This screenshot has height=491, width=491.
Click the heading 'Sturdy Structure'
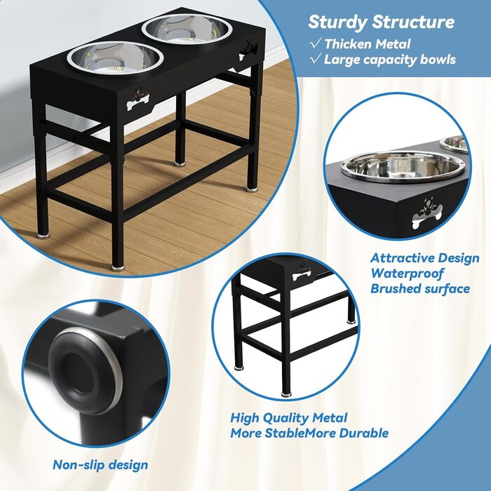(381, 22)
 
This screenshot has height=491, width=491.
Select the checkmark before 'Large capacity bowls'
(316, 58)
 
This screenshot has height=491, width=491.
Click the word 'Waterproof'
(407, 274)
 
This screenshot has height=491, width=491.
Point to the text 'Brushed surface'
(420, 288)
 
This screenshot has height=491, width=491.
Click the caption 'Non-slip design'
(100, 464)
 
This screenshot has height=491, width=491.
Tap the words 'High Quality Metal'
(289, 418)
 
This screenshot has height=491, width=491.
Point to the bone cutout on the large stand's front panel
(138, 101)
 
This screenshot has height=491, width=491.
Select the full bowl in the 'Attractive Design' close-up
(401, 168)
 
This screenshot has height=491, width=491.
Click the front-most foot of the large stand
(117, 268)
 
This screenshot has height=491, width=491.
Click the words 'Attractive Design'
(425, 258)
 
